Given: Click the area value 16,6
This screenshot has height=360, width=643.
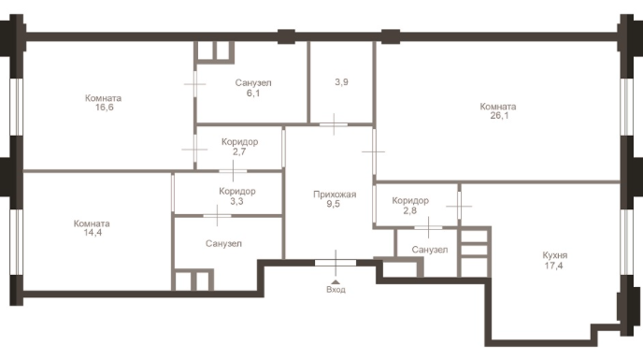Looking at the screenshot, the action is [104, 108].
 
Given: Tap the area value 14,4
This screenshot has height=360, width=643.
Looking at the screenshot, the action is [93, 233].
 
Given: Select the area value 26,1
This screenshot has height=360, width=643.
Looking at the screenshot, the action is [499, 116].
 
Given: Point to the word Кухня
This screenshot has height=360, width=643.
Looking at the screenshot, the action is [554, 255].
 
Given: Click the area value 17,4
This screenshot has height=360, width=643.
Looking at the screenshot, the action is [553, 266].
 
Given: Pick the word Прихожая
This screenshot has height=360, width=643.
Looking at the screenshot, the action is [335, 194].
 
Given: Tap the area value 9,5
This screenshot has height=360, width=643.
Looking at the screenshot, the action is [334, 204].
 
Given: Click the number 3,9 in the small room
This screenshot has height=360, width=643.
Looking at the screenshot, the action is [342, 82].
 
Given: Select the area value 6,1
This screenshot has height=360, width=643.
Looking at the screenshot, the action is [253, 94].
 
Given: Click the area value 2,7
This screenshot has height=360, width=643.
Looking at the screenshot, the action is [239, 151].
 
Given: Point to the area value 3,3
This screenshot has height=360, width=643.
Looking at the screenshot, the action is [236, 201].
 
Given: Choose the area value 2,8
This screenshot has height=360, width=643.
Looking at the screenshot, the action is [410, 210].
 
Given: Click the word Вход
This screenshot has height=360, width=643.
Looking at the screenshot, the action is [336, 290].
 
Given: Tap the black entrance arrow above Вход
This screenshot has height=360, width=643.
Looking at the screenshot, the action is [336, 282].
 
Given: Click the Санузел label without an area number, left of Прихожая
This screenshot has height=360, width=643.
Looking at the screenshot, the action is [223, 244].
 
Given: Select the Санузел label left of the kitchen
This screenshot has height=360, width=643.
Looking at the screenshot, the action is [430, 250].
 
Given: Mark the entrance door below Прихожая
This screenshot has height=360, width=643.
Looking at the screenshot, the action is [336, 263].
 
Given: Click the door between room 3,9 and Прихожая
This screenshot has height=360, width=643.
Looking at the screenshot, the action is [334, 124].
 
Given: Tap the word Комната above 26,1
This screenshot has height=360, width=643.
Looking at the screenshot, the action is [498, 107].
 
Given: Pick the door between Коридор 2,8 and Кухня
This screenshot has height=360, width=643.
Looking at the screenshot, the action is [459, 206].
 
